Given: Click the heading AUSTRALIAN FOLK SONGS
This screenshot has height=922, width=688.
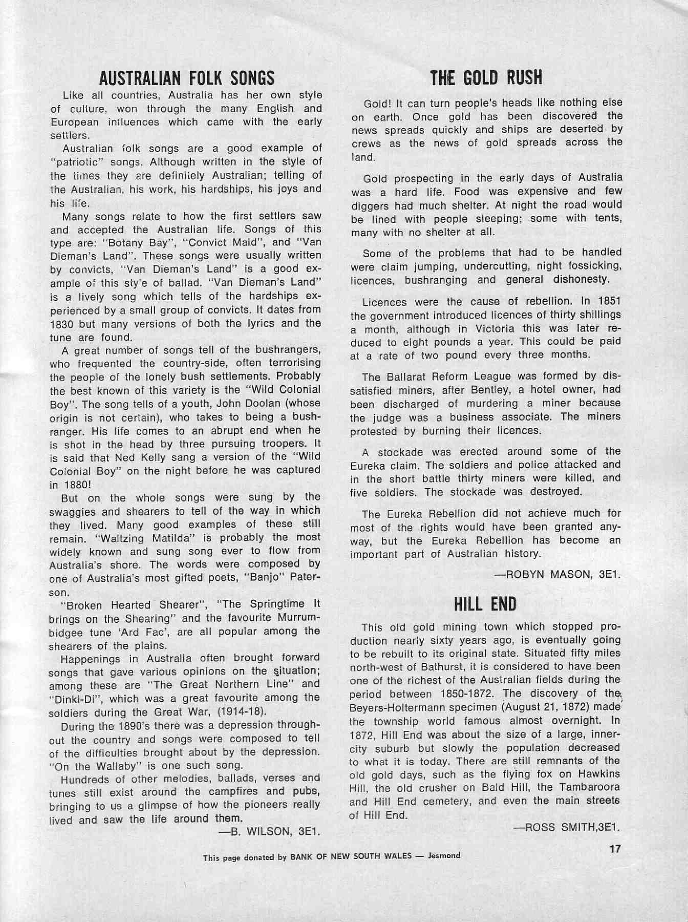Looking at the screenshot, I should [x=186, y=78].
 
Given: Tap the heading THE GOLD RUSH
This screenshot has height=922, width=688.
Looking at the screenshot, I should [x=486, y=77].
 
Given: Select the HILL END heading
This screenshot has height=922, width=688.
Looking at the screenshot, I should [x=485, y=604].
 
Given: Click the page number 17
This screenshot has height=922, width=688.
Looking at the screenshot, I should [x=615, y=849].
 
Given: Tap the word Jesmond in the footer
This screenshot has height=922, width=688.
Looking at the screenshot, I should [x=444, y=855].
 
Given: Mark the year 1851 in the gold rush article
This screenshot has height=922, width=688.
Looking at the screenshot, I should [x=608, y=302].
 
